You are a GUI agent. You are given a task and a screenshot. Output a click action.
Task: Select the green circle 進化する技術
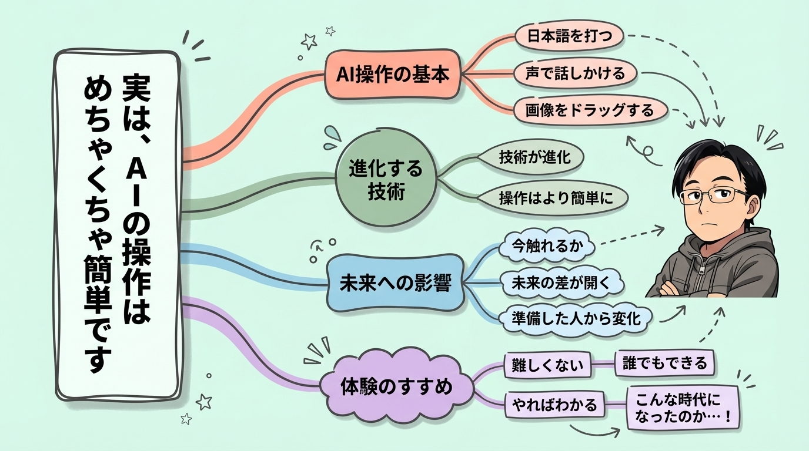pos(386,180)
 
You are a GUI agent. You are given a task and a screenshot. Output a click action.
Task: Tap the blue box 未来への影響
pos(395,284)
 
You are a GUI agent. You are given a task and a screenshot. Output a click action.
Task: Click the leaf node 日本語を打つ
pos(563,36)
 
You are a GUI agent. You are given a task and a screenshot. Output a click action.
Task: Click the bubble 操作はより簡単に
pos(555,198)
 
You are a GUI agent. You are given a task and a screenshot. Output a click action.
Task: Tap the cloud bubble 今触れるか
pos(547,247)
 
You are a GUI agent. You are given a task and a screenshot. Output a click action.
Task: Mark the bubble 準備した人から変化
pos(576,318)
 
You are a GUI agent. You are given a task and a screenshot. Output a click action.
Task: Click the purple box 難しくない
pos(547,365)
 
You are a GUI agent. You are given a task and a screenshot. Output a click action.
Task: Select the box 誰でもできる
pos(664,363)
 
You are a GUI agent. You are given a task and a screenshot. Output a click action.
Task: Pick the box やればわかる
pos(554,404)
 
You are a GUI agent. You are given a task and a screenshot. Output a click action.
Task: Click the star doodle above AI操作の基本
pos(309,41)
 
